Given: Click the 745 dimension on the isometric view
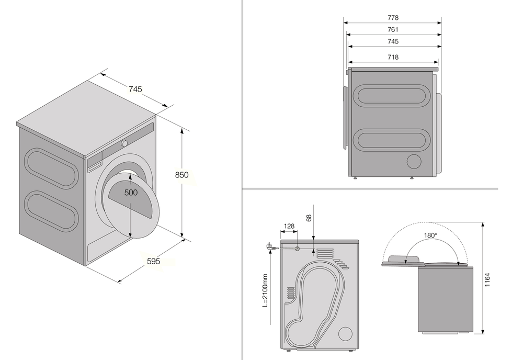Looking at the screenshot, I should (135, 89).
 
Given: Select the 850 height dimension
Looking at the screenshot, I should (181, 175).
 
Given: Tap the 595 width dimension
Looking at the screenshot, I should (153, 261).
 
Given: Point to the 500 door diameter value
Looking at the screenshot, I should (131, 193).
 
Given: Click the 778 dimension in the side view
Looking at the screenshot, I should (393, 18).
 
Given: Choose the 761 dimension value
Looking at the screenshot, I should (393, 30).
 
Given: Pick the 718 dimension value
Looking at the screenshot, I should (393, 57).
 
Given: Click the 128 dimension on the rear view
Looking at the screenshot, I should (289, 227).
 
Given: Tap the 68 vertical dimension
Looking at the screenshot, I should (309, 218).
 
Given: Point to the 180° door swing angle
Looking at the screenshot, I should (430, 235).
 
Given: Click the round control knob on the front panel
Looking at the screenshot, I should (125, 143).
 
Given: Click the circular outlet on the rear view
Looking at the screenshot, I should (345, 334).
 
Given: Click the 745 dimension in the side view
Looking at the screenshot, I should (393, 41).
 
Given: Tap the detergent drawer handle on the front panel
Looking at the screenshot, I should (94, 167).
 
